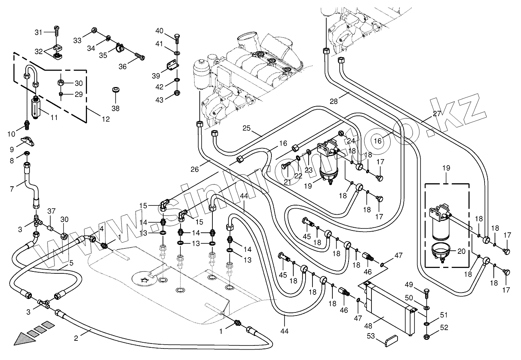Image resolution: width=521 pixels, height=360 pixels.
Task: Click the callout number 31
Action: coord(39,33)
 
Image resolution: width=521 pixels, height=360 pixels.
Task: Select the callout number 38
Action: coord(115,108)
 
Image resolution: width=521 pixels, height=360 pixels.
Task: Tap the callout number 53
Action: coord(371,337)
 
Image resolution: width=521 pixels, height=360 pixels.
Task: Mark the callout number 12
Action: coord(106,119)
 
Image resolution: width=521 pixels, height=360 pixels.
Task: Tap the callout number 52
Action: coord(444,328)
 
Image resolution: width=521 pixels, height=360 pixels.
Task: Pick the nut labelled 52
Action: coord(427,337)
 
